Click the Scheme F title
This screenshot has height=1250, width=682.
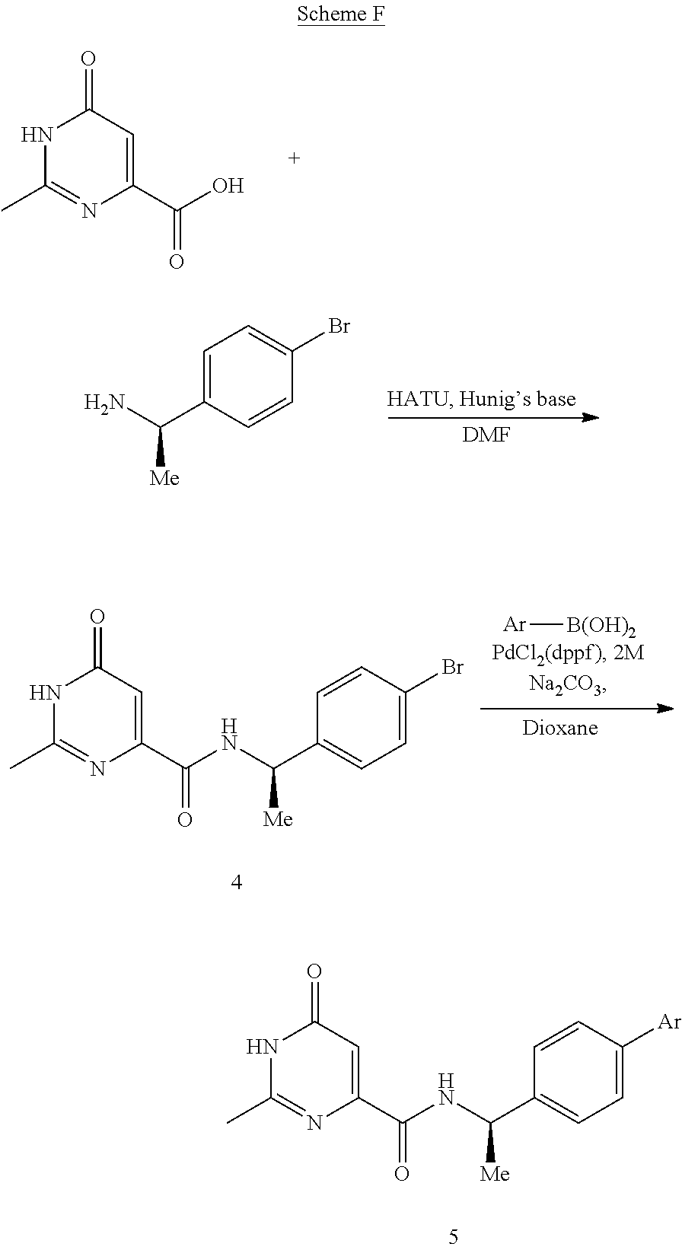point(340,14)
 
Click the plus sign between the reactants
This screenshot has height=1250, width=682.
point(294,158)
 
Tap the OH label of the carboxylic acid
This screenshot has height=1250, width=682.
point(228,185)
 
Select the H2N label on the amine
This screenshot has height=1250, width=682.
point(104,402)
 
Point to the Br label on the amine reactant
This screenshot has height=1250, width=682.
point(338,327)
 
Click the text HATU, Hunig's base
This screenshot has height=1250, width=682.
point(481,399)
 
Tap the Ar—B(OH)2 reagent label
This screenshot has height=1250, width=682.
point(569,626)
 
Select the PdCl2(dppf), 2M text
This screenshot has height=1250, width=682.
point(569,653)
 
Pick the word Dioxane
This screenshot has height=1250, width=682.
point(560,728)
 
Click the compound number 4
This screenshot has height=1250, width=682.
point(237,882)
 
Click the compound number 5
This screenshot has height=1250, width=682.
point(454,1237)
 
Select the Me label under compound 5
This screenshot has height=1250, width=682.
point(495,1174)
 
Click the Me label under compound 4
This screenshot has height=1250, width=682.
point(278,818)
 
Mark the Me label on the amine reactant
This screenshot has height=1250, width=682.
point(164,478)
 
